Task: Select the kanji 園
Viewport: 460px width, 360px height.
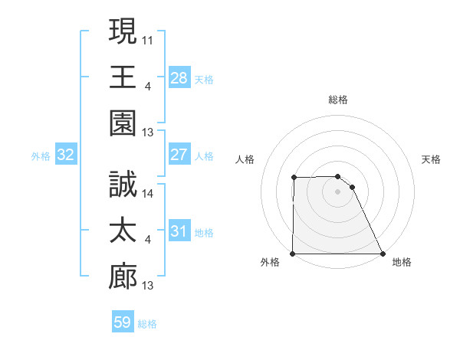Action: pos(123,123)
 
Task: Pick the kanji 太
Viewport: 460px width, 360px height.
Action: pos(123,231)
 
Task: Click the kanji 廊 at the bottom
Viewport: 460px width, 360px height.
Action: pos(123,277)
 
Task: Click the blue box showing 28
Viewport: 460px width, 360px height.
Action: pos(179,78)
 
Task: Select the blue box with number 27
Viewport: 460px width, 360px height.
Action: pos(179,155)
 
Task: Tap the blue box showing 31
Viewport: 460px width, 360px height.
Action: pos(179,231)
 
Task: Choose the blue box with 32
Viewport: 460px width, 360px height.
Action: pos(66,155)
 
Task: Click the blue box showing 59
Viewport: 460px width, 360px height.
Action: pos(122,322)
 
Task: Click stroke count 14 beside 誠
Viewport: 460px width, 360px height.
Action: pos(148,194)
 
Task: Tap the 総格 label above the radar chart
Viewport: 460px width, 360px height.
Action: pos(338,100)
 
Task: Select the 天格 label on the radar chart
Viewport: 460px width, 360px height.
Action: pos(432,159)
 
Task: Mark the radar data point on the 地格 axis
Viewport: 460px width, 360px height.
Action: pos(382,254)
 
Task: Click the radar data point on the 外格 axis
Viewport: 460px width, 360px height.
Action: pos(293,254)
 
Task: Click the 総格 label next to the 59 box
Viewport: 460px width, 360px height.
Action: pos(148,323)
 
